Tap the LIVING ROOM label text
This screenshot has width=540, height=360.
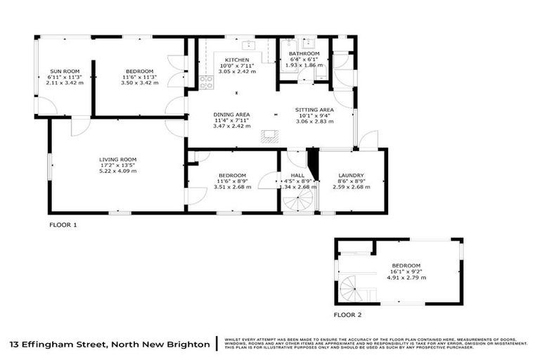pos(117,160)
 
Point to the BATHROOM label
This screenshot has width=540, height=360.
pos(304,53)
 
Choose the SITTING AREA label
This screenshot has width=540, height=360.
pos(314,110)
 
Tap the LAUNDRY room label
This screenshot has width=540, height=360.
pos(350,175)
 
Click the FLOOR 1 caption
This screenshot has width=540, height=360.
pos(63,225)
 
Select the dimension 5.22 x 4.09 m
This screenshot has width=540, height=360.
pos(117,171)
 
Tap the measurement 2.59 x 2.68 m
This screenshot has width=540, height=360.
pos(350,187)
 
